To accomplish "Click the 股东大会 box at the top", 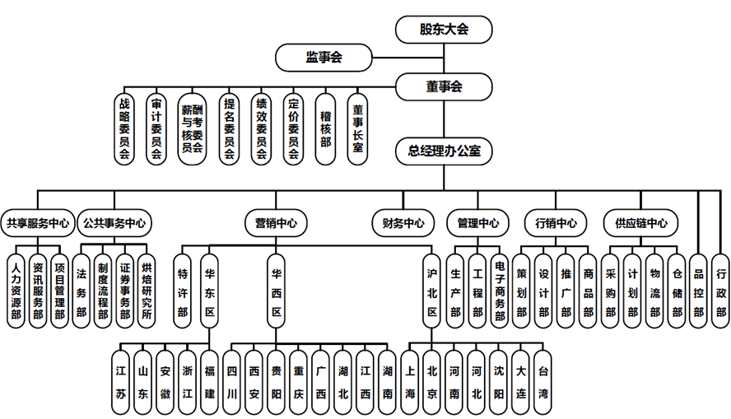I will [444, 30].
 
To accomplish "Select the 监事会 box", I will [324, 58].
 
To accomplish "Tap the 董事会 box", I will [444, 86].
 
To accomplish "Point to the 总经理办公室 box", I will [444, 151].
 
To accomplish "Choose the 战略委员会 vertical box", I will [124, 128].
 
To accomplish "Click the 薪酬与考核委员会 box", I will [192, 128].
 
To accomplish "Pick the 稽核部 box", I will [325, 128].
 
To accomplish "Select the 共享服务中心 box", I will [37, 222].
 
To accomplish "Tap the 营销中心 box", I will [276, 222].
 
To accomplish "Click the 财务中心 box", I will [403, 222].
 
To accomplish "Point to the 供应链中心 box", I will [641, 222].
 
